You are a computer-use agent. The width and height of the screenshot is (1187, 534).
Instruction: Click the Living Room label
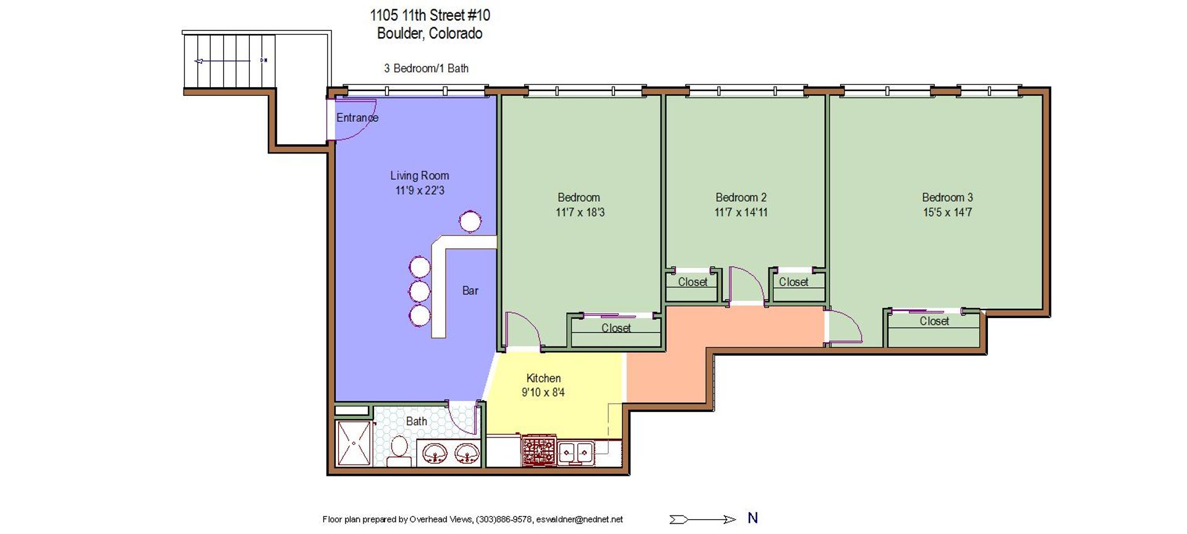[x=419, y=176]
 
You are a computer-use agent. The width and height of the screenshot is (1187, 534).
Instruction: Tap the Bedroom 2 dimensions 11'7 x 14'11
[x=741, y=212]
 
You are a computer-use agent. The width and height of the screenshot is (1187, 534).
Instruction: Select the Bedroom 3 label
[x=947, y=197]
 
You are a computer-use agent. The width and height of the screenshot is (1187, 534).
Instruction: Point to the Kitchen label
[x=543, y=378]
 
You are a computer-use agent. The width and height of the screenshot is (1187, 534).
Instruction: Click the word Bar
[x=470, y=290]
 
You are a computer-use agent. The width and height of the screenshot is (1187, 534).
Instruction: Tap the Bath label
[x=416, y=421]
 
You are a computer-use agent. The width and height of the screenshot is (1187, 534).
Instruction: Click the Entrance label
[x=357, y=118]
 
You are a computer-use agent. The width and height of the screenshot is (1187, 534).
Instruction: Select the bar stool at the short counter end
[x=470, y=222]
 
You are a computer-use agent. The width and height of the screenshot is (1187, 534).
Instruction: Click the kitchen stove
[x=539, y=450]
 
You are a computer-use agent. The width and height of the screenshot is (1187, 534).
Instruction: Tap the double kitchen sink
[x=576, y=452]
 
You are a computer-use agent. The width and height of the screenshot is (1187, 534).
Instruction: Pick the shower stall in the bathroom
[x=354, y=443]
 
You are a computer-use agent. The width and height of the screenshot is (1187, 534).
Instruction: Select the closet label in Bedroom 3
[x=934, y=321]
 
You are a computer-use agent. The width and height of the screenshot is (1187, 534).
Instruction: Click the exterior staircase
[x=229, y=61]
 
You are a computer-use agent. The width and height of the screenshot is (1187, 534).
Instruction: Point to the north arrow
[x=703, y=519]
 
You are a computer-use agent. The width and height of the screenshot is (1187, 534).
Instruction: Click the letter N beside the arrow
[x=752, y=518]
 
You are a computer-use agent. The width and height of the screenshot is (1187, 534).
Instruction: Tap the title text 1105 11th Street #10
[x=430, y=15]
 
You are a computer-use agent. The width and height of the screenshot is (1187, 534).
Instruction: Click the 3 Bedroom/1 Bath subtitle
[x=426, y=68]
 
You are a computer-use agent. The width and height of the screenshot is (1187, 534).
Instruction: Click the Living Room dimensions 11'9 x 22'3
[x=420, y=191]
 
